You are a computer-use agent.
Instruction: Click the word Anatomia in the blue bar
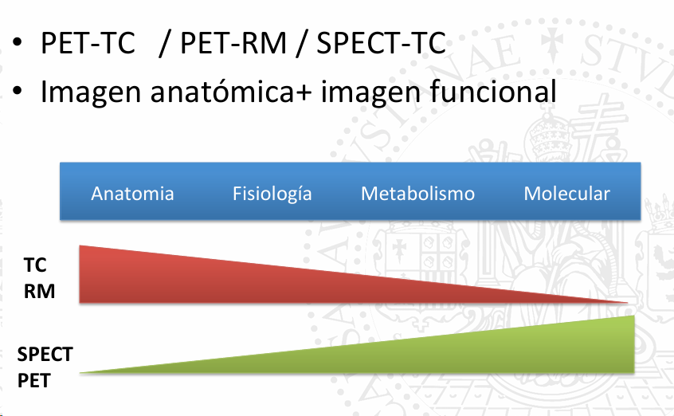(132, 194)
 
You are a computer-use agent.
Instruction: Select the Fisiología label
(272, 194)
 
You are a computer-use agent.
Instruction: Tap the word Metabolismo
(417, 194)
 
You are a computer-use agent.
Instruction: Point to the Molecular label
(566, 194)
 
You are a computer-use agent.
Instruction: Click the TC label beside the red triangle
(35, 265)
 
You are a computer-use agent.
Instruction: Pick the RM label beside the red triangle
(39, 291)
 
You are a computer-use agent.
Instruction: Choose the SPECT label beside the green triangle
(45, 355)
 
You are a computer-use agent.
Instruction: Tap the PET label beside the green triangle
(34, 381)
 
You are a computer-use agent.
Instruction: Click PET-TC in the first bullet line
(88, 43)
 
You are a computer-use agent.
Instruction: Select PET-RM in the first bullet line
(233, 43)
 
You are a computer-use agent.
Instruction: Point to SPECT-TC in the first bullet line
(382, 43)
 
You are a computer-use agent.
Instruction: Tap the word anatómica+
(231, 91)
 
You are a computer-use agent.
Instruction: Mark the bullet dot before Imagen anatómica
(18, 90)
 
